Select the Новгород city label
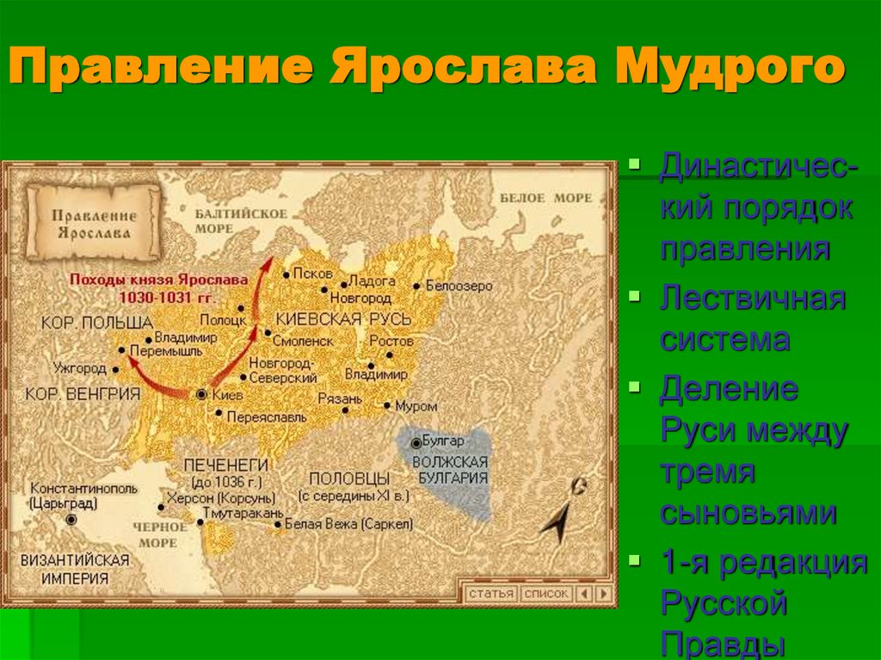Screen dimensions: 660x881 pos(362,298)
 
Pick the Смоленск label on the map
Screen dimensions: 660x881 pos(304,341)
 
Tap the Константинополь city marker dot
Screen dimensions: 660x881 pos(71,520)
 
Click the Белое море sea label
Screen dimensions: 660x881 pos(546,198)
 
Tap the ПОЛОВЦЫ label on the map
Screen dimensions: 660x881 pos(349,478)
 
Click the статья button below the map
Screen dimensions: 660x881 pos(491,594)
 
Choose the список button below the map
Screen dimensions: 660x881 pos(546,594)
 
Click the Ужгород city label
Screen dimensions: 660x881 pos(78,368)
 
